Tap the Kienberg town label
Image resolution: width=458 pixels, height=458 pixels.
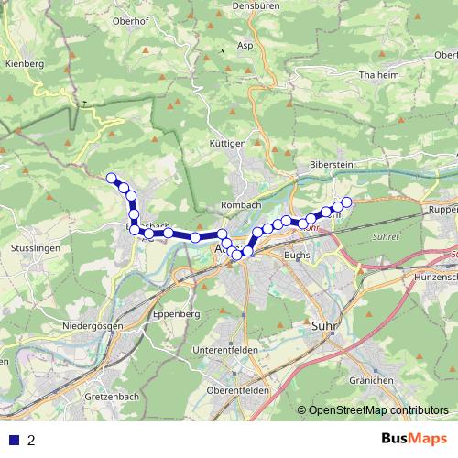[24, 64]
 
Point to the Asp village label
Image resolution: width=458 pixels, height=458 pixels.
[245, 44]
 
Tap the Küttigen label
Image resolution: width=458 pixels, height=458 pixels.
[227, 144]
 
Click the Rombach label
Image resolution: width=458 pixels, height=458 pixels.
[240, 204]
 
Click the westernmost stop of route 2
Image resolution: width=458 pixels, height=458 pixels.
[112, 178]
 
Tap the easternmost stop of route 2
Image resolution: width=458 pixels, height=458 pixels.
[346, 202]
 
